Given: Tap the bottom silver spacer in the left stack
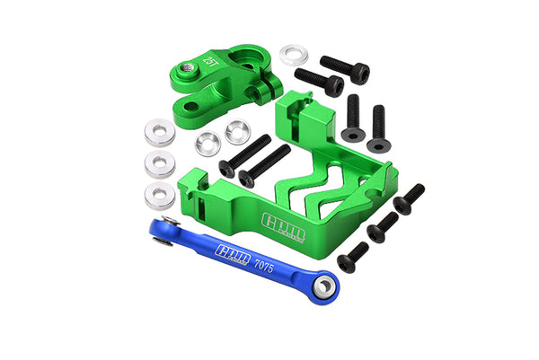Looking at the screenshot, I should [159, 193].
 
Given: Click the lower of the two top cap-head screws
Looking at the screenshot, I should [318, 82].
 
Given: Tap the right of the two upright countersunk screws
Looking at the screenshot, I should [377, 124].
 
